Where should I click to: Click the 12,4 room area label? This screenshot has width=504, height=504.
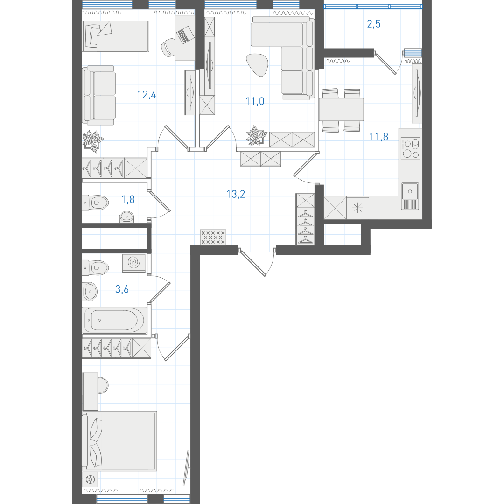(147, 95)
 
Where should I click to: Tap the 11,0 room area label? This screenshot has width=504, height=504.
(255, 101)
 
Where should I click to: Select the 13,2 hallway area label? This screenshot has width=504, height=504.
(236, 194)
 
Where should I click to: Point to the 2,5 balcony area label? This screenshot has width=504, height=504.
(374, 24)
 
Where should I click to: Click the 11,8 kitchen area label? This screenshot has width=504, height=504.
(379, 137)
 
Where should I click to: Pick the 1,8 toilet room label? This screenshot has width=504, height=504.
(128, 200)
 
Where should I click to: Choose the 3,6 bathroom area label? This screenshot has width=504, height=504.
(122, 289)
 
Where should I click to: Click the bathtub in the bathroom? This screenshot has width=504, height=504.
(114, 320)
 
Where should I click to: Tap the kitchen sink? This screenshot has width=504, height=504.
(410, 196)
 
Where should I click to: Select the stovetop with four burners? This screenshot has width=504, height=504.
(411, 148)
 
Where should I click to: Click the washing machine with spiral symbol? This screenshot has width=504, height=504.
(134, 263)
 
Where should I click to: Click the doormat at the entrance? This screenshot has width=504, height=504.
(213, 237)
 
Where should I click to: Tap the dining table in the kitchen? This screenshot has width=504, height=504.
(341, 110)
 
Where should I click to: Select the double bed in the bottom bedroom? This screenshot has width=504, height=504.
(119, 441)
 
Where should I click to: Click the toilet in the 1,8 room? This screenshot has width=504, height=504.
(95, 203)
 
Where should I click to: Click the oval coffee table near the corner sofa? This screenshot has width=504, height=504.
(257, 64)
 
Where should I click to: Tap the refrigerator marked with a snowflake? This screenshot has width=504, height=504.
(357, 208)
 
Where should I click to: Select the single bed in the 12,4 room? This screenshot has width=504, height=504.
(115, 36)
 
